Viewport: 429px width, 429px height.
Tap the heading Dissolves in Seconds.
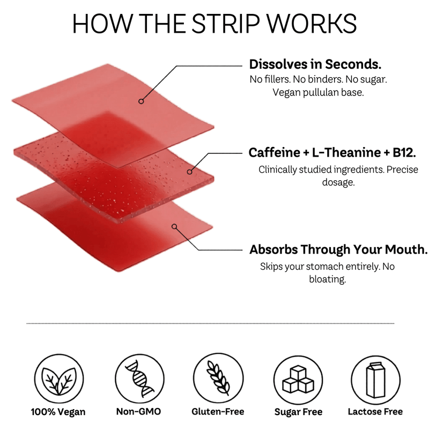[315, 64]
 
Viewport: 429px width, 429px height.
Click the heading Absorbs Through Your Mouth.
[338, 250]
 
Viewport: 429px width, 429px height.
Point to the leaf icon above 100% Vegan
[58, 379]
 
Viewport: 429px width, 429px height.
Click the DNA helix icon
[139, 379]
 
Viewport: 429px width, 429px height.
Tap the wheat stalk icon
[218, 379]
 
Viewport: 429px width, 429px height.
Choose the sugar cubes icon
[298, 379]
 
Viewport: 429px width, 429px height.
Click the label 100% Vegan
[58, 412]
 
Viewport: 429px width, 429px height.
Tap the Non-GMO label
[139, 412]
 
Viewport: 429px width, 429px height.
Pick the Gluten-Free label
[218, 412]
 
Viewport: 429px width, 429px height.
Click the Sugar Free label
[298, 412]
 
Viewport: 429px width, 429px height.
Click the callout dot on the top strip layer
[141, 101]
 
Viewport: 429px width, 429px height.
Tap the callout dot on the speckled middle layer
[189, 172]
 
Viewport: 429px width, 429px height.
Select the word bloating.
[328, 279]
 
